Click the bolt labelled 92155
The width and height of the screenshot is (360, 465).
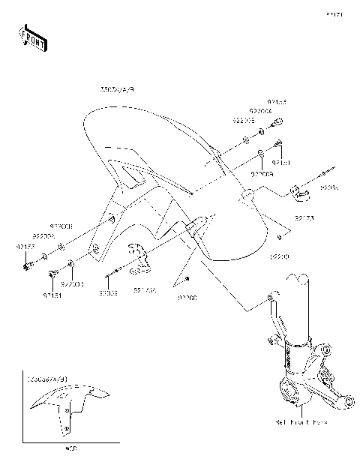(277, 122)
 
